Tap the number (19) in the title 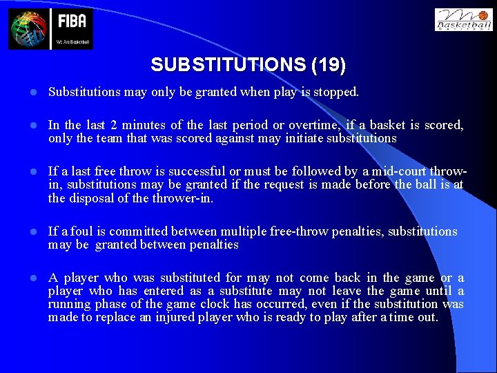[329, 65]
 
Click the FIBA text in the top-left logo [72, 21]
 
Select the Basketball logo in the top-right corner [463, 20]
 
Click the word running [70, 304]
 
